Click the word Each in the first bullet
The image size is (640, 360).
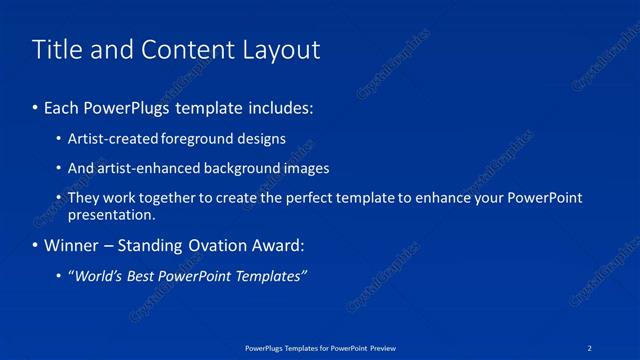click(62, 106)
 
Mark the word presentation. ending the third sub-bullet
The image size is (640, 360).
click(111, 214)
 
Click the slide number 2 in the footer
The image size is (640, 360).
click(590, 347)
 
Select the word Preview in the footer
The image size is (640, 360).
click(383, 347)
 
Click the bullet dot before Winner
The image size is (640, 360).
click(35, 246)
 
